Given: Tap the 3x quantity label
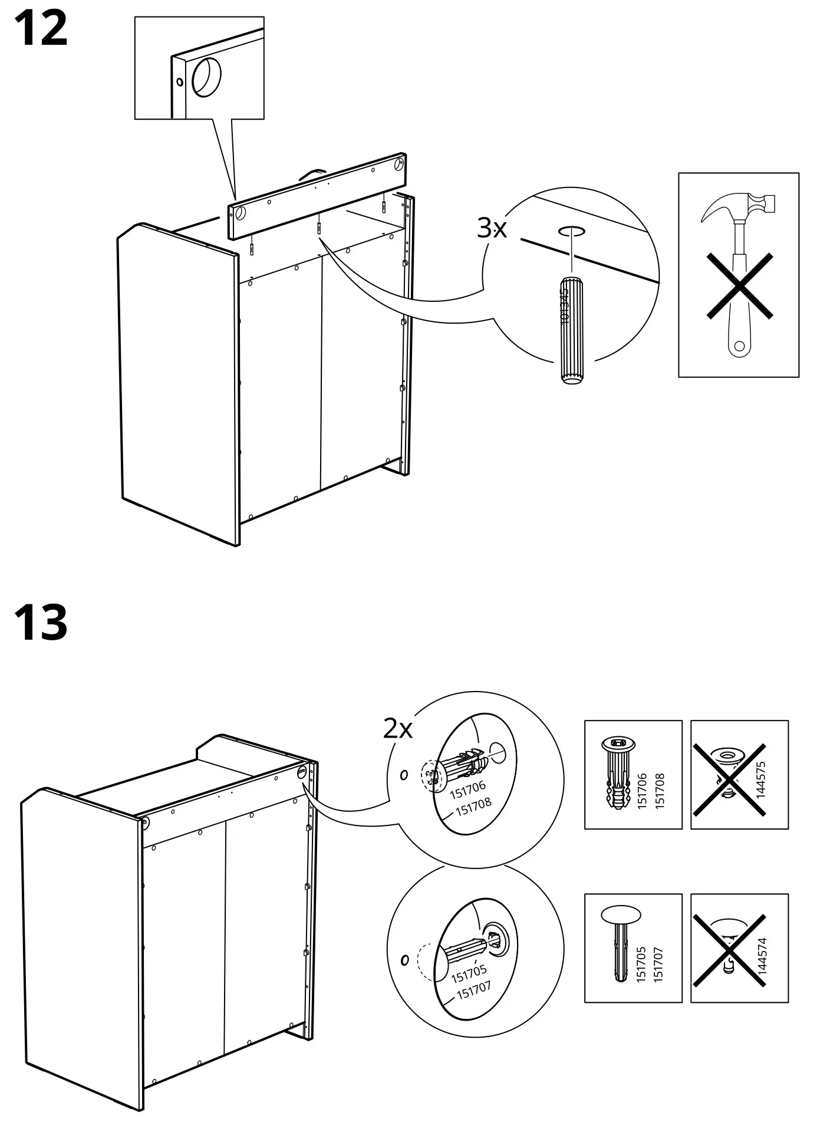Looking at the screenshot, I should (492, 228).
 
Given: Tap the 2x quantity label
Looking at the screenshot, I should (398, 729).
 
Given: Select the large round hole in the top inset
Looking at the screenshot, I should (206, 77).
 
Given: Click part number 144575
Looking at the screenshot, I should (760, 779).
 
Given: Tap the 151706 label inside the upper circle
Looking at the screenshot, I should (467, 788).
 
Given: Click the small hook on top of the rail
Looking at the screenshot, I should (312, 172).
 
